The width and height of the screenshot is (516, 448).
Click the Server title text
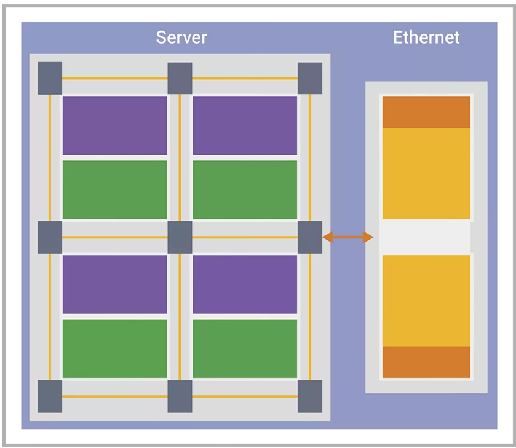181,37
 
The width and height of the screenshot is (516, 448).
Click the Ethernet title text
426,37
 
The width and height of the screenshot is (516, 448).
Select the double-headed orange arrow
348,237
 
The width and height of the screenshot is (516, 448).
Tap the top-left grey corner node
50,78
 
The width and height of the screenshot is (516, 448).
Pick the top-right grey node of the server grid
310,78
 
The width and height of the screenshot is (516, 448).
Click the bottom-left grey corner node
50,396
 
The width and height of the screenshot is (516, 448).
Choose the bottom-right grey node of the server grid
310,396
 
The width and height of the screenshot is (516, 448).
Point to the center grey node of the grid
180,237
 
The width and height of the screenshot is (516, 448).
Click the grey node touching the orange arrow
310,237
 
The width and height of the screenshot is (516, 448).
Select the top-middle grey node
180,78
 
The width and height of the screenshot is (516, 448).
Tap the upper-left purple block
115,125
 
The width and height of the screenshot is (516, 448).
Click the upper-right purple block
245,125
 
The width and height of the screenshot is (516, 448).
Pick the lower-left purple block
115,284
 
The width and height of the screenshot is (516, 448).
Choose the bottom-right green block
245,348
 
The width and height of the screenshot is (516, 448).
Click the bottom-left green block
115,348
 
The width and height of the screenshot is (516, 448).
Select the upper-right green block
245,189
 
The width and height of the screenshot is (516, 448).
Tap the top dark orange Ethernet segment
426,112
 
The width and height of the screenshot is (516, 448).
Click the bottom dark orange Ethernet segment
426,362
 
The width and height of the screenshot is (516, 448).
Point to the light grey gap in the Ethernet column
426,237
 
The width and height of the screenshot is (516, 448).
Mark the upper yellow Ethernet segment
426,173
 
